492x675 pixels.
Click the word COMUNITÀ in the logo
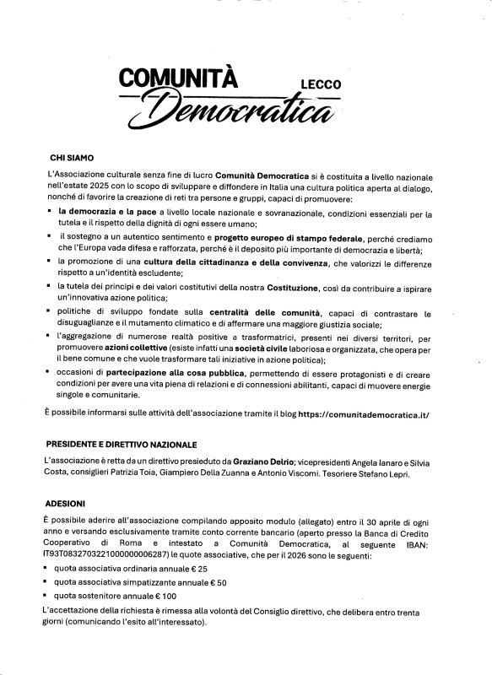point(180,78)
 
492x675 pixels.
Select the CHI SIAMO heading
point(73,157)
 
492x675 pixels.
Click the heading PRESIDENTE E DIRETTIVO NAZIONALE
point(122,443)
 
